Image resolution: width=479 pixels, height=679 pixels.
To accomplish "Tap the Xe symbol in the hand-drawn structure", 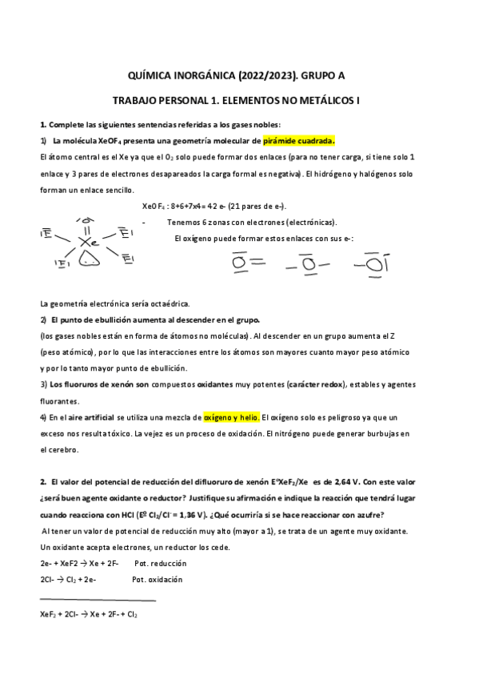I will coord(90,240).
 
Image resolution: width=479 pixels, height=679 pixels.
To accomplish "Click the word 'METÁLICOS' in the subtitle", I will coord(317,102).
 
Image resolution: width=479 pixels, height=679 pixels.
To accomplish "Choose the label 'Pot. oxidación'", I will coord(157,579).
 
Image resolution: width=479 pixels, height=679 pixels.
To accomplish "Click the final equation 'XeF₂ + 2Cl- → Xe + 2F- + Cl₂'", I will coord(89,614).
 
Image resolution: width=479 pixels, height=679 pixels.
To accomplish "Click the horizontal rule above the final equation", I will coord(98,600).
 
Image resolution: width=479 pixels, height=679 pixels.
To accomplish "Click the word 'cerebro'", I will coord(63,449).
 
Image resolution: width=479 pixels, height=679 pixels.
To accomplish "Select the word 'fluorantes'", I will coord(59,401).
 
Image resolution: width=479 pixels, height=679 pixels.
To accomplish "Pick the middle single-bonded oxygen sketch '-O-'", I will coord(303,262).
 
